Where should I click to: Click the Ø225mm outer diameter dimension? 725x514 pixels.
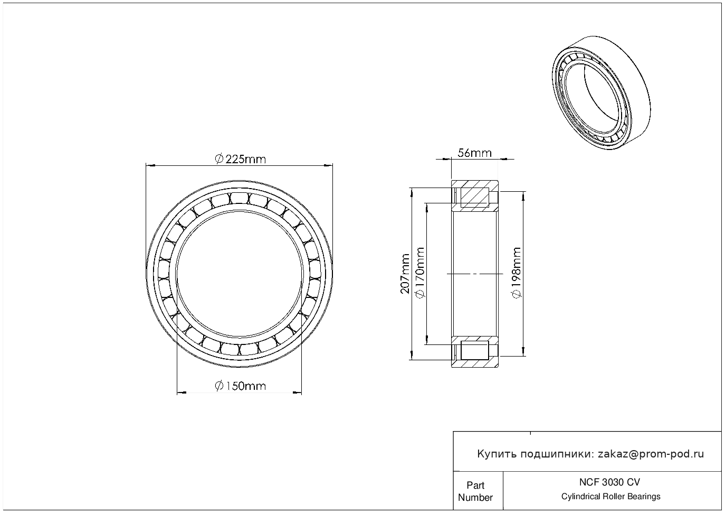coord(240,158)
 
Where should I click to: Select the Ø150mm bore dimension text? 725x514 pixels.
coord(240,386)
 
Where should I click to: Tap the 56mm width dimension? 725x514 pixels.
coord(474,153)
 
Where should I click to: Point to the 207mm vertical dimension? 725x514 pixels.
coord(405,274)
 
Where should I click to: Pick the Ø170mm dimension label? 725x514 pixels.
coord(421,274)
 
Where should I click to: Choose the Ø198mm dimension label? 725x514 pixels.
coord(517,274)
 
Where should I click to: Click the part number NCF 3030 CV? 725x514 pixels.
coord(610,482)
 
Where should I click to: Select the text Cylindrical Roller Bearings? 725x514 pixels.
coord(610,497)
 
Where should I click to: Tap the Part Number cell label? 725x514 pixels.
coord(475,491)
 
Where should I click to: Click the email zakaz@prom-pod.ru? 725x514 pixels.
coord(651,454)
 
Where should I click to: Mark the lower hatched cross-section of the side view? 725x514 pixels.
coord(475,351)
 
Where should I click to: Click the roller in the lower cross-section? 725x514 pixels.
coord(474,351)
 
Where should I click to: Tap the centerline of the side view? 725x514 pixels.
coord(474,274)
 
